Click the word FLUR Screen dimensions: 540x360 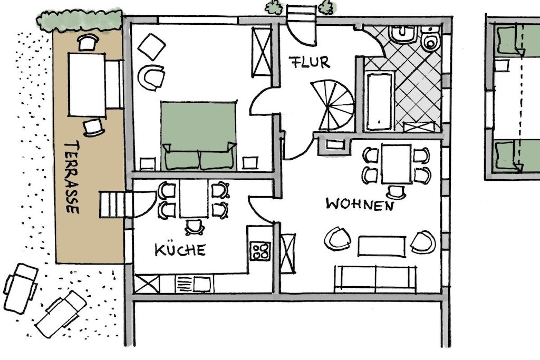tap(309, 62)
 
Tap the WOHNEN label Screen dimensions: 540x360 tap(360, 204)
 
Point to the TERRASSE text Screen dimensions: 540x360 tap(72, 177)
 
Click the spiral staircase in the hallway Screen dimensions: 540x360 tap(333, 105)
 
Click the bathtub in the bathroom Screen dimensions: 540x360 tap(379, 101)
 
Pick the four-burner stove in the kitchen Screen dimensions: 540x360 tap(261, 251)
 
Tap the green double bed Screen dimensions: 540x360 tap(199, 135)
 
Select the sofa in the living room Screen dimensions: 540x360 tap(375, 279)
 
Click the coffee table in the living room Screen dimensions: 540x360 tap(382, 246)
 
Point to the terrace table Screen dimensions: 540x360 tap(87, 85)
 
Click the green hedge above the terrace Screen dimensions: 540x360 tap(80, 21)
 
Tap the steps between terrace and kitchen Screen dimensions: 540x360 tap(112, 205)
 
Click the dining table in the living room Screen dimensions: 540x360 tap(396, 164)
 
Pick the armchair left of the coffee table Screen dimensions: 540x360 tap(337, 239)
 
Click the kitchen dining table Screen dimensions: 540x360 tap(194, 199)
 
